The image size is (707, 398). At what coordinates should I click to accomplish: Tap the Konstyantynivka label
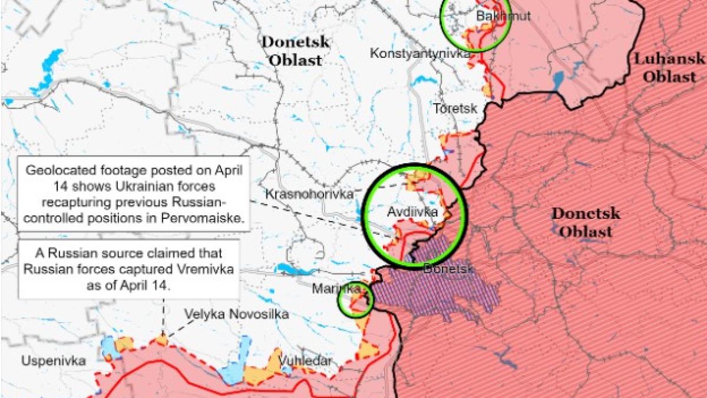point(419,54)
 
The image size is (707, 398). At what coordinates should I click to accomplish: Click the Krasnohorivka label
point(309,193)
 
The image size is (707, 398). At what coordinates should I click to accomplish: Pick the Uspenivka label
point(53,360)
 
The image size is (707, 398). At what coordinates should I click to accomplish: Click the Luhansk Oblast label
point(669,67)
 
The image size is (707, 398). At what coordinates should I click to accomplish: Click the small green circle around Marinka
point(355,300)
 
